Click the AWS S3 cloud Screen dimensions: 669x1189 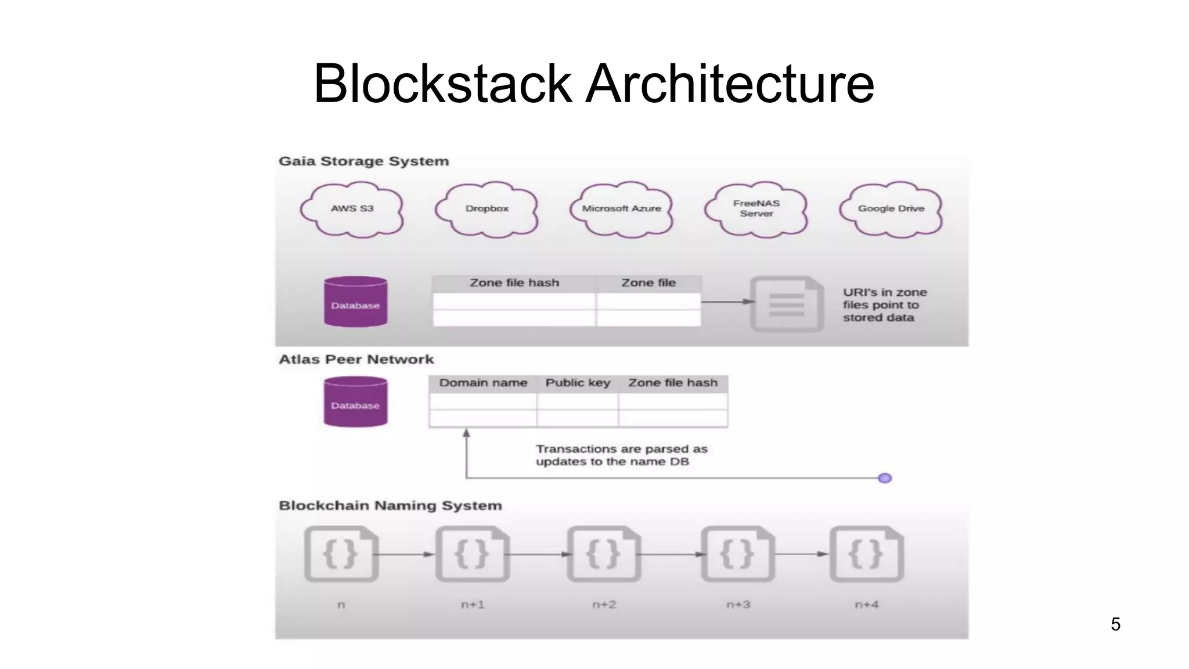click(x=352, y=209)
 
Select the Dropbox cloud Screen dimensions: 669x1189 click(x=487, y=209)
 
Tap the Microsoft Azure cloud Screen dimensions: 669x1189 click(x=621, y=209)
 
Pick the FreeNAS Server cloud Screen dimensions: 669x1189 click(x=756, y=209)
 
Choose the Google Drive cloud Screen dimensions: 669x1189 click(x=891, y=209)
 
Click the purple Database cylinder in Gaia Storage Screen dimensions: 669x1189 click(x=355, y=302)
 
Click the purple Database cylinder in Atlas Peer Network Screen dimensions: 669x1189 click(x=355, y=402)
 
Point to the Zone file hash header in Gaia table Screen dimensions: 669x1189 click(x=514, y=283)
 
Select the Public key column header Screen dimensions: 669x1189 click(x=578, y=383)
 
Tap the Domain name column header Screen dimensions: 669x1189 click(x=483, y=383)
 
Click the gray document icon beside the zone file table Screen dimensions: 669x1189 click(x=787, y=304)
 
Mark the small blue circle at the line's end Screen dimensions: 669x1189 click(x=885, y=478)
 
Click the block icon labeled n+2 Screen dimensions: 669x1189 click(x=604, y=554)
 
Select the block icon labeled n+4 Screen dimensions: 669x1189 click(x=866, y=554)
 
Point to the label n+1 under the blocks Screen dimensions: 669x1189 click(x=473, y=605)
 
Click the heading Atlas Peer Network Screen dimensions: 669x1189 click(x=356, y=359)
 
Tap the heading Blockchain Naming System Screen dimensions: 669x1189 click(x=390, y=505)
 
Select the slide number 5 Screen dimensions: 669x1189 click(x=1115, y=624)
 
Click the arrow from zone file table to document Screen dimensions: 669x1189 click(x=727, y=301)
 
